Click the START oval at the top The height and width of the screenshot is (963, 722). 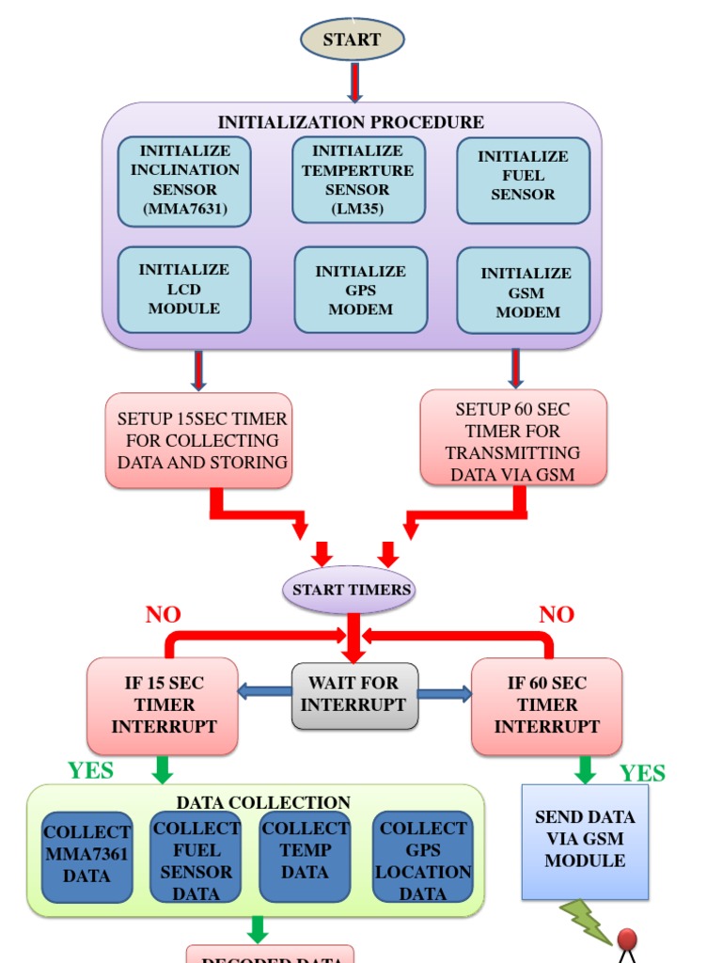click(x=352, y=39)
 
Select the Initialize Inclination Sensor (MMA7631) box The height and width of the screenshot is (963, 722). click(x=184, y=181)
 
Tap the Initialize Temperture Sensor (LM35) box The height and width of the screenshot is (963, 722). click(x=358, y=180)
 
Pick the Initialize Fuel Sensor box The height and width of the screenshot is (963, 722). click(x=523, y=180)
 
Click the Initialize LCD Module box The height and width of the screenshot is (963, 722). click(x=184, y=290)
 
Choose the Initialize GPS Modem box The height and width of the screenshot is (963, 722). click(x=360, y=290)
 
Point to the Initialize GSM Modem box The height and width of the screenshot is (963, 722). click(x=524, y=291)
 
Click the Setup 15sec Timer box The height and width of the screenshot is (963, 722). click(x=198, y=440)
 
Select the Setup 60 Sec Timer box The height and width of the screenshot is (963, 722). click(x=513, y=438)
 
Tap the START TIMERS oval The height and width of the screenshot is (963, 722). click(x=351, y=591)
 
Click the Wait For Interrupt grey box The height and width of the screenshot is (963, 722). click(x=354, y=695)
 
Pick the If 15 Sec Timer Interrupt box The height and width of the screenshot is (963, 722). click(x=163, y=705)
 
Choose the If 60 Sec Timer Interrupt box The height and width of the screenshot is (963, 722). click(x=546, y=705)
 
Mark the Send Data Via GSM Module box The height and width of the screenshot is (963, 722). click(x=585, y=840)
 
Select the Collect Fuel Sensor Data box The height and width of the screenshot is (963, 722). click(x=196, y=857)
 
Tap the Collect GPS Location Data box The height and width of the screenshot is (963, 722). click(x=422, y=857)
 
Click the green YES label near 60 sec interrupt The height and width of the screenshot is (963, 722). click(x=642, y=774)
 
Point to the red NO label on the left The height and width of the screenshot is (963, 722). click(x=163, y=615)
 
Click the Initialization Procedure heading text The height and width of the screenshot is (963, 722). click(x=351, y=122)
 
